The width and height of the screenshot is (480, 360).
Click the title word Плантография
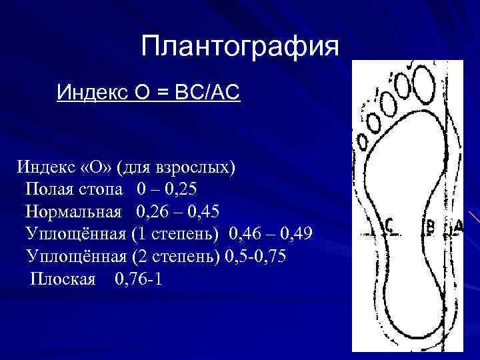click(x=240, y=46)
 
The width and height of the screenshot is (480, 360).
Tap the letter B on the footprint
click(x=431, y=228)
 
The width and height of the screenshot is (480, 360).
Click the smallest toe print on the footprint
click(x=362, y=142)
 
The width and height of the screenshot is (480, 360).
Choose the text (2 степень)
click(x=177, y=257)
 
